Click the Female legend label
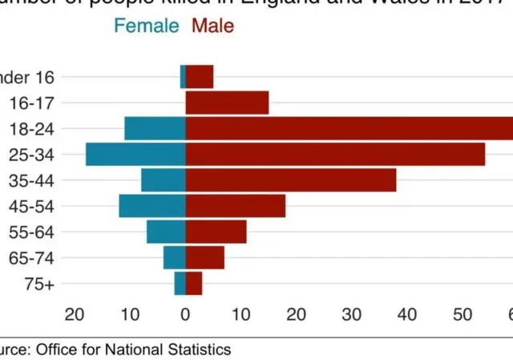tap(146, 26)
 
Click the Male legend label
tap(213, 26)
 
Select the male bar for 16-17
tap(227, 103)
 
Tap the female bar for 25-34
tap(135, 154)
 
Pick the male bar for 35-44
tap(291, 180)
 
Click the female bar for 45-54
tap(152, 206)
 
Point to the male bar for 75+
tap(194, 284)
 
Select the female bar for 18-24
tap(155, 128)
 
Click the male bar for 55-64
tap(216, 232)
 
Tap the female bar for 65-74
tap(175, 258)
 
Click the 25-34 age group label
tap(30, 155)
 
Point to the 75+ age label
tap(39, 284)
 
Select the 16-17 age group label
tap(31, 103)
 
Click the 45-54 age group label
tap(30, 207)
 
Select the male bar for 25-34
tap(335, 154)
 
